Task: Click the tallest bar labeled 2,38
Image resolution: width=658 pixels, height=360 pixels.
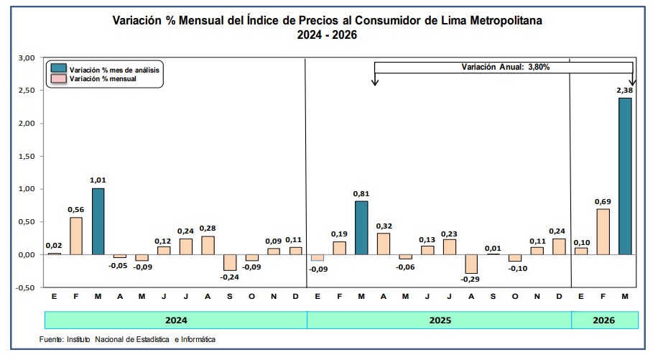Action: (x=625, y=176)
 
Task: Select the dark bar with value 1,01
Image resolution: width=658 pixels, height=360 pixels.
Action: (x=98, y=221)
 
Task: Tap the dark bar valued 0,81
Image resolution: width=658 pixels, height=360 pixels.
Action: (x=361, y=228)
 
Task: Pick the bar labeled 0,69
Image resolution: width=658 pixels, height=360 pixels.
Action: (x=603, y=231)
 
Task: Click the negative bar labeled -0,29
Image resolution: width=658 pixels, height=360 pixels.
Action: (x=471, y=264)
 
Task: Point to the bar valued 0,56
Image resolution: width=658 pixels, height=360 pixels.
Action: (x=76, y=236)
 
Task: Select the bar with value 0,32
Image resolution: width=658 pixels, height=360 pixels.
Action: (x=384, y=244)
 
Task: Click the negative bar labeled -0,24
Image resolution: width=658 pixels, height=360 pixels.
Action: (x=230, y=263)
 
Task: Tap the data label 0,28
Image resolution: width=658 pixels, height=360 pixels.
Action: (x=208, y=229)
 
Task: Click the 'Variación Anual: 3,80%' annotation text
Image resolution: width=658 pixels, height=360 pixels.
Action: (x=505, y=67)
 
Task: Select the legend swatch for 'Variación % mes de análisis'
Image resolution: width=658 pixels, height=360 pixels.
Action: (x=59, y=68)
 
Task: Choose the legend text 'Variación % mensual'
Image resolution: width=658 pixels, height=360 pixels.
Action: (x=103, y=79)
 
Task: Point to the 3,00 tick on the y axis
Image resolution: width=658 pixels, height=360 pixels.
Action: (x=26, y=58)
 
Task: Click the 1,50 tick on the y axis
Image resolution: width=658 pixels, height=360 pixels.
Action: (x=26, y=156)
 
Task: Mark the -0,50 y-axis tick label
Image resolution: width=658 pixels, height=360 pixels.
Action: (x=24, y=288)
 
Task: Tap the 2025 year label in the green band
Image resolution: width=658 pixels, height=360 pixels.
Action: (x=440, y=320)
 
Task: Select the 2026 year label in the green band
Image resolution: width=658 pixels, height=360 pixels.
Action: (x=603, y=320)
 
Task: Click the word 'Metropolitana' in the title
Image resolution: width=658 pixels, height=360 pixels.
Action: (x=506, y=20)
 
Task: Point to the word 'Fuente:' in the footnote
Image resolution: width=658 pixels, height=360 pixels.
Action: (x=52, y=339)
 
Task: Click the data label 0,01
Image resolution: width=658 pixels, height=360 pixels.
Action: (x=493, y=249)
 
